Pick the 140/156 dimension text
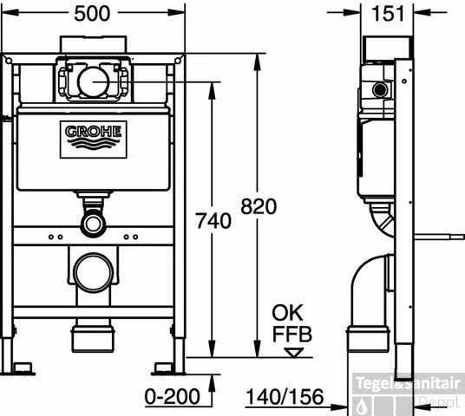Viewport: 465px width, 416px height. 283,397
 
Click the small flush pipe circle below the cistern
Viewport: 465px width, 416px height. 91,224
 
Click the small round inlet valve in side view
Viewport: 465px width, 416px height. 377,90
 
